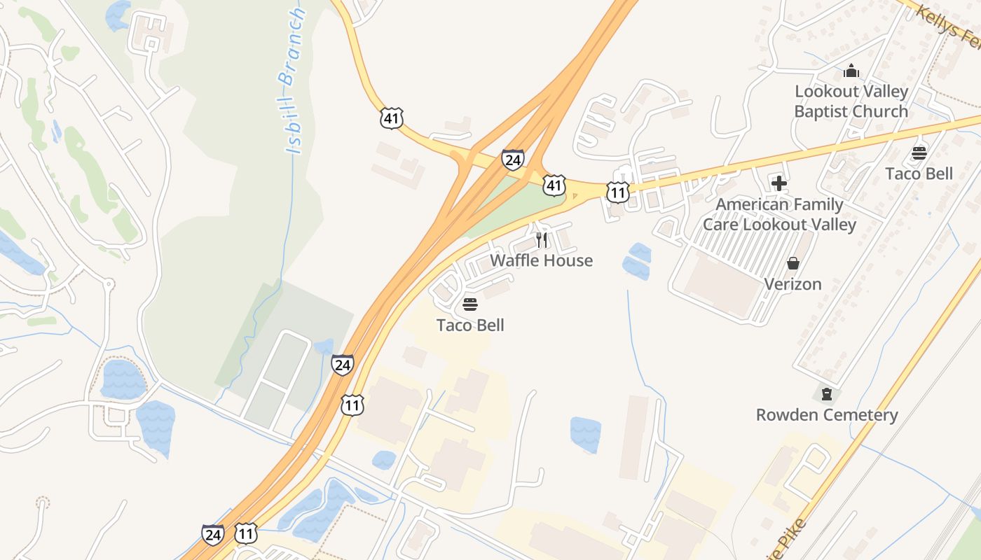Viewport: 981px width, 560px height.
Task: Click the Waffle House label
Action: tap(541, 260)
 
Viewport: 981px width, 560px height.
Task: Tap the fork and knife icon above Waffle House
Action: tap(541, 240)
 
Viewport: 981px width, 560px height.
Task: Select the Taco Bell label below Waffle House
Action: tap(470, 325)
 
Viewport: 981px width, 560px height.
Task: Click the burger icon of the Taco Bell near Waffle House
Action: tap(470, 304)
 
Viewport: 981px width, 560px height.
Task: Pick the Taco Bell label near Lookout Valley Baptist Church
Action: tap(919, 174)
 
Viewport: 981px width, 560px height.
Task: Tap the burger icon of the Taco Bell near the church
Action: tap(919, 153)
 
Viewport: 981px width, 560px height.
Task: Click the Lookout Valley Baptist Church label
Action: tap(851, 101)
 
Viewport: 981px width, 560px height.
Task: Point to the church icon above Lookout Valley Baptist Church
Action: tap(851, 71)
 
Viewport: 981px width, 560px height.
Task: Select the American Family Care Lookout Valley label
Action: tap(779, 214)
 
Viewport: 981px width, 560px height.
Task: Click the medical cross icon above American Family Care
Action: tap(779, 183)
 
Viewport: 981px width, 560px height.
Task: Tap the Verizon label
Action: tap(793, 284)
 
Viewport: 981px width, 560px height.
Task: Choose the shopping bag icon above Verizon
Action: tap(793, 263)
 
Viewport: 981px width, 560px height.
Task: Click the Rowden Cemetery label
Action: tap(827, 415)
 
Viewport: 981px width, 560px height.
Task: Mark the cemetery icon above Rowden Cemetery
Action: tap(827, 394)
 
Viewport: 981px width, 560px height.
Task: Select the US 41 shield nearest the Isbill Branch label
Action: tap(392, 118)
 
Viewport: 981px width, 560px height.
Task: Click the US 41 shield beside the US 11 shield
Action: tap(554, 185)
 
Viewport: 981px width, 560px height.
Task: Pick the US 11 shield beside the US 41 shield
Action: tap(617, 192)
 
